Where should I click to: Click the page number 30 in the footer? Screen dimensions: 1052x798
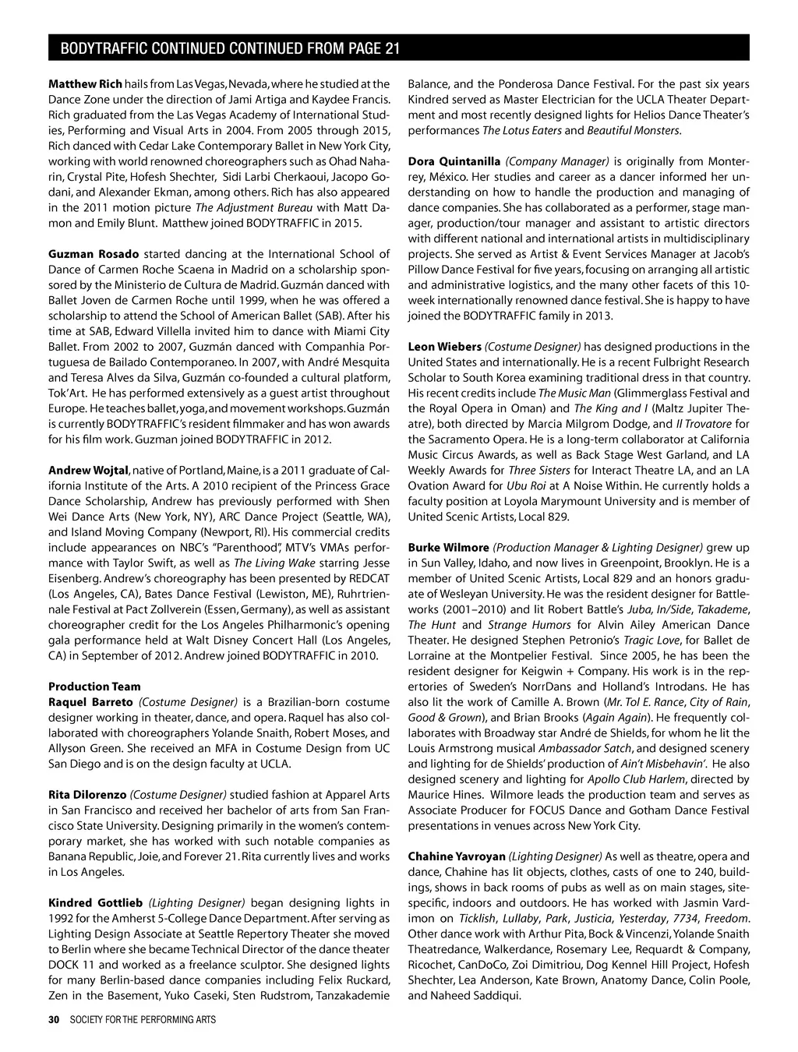point(54,1019)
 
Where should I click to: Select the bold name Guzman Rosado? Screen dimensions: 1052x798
point(94,254)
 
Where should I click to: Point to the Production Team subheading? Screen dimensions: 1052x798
point(94,687)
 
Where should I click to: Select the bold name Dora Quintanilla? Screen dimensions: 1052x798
point(454,161)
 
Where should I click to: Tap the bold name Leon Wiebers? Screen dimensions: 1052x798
point(444,347)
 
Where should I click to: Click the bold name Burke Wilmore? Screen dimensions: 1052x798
point(448,548)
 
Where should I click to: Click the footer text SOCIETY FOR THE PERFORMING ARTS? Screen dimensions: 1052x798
point(143,1019)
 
